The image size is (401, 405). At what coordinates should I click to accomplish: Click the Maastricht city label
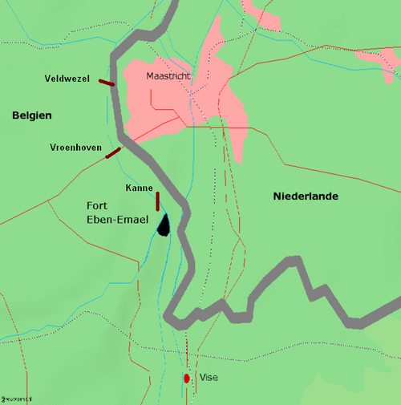(x=169, y=76)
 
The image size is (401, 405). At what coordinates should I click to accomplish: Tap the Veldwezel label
(x=67, y=78)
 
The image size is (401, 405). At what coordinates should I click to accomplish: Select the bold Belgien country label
(x=31, y=116)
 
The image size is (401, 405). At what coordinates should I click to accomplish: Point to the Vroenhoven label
(x=75, y=148)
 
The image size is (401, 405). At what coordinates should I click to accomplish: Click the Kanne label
(x=140, y=188)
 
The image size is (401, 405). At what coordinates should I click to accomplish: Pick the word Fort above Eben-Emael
(x=99, y=205)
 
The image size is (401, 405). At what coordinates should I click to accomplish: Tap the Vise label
(x=208, y=378)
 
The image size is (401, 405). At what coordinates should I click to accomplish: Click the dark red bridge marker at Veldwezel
(x=107, y=82)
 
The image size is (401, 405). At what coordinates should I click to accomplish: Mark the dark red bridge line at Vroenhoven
(x=113, y=153)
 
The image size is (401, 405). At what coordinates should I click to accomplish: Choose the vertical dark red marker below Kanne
(x=158, y=200)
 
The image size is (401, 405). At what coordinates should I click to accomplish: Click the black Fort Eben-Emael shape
(x=164, y=226)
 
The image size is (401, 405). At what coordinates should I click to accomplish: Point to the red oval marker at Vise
(x=187, y=378)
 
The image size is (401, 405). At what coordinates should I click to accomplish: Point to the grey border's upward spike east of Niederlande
(x=296, y=261)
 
